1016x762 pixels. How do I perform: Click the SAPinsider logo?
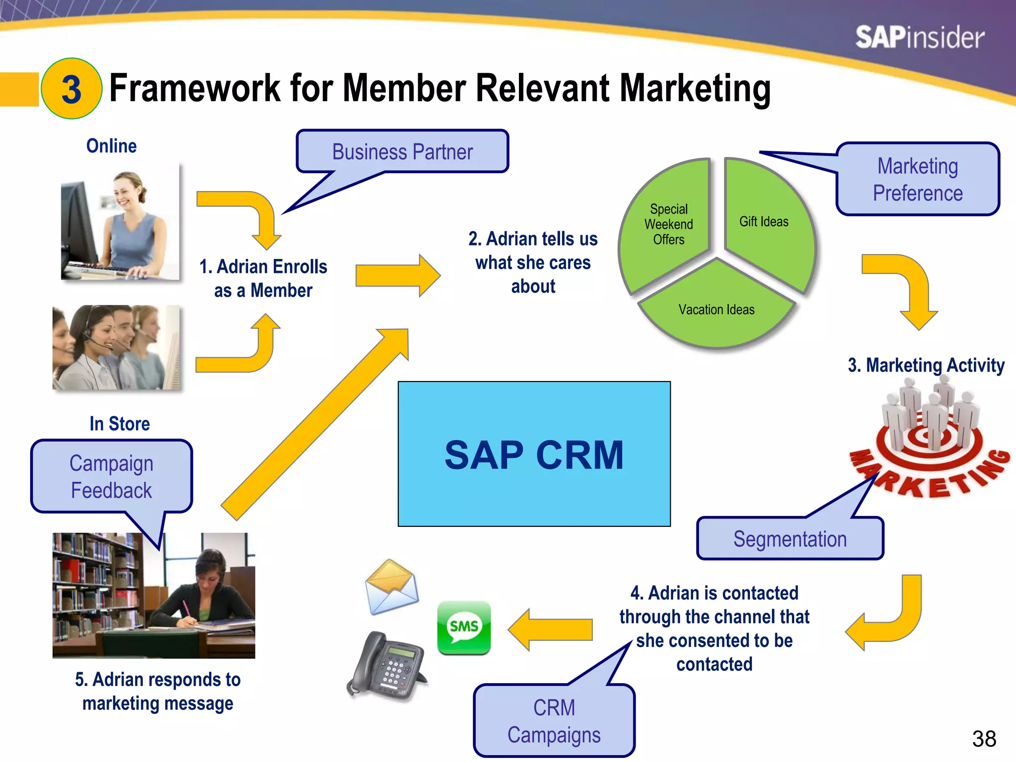[x=919, y=38]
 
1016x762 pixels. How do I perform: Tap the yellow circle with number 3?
[x=71, y=89]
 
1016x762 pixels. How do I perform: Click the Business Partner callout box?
[x=402, y=152]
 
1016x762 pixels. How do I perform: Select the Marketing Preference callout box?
[x=917, y=180]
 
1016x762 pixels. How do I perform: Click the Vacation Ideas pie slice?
[x=716, y=311]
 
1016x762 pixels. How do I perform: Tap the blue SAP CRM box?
[x=534, y=454]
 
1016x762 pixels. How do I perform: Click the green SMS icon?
[x=464, y=628]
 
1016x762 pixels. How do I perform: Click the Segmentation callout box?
[x=790, y=539]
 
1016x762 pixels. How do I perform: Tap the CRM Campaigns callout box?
[x=554, y=721]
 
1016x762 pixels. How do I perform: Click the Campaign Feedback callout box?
[x=112, y=477]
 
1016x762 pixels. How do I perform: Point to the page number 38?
[x=984, y=739]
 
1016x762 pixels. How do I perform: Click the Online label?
[x=111, y=146]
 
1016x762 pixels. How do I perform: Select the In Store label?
[x=120, y=424]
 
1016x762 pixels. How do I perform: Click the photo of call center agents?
[x=117, y=347]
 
